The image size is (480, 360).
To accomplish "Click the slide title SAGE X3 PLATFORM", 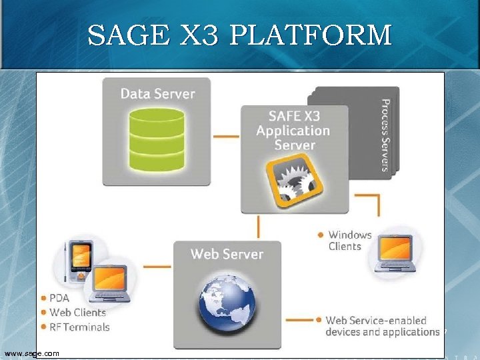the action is click(x=239, y=35).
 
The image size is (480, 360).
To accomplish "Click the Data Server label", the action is click(x=157, y=93).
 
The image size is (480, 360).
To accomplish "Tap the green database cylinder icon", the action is click(x=157, y=139).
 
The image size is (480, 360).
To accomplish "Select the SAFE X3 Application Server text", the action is click(x=293, y=130).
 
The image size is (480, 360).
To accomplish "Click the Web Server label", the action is click(x=227, y=254).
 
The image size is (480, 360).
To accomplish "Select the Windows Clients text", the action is click(x=349, y=241).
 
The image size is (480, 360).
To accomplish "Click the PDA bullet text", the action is click(x=60, y=298).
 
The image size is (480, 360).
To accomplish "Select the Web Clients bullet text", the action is click(x=77, y=312).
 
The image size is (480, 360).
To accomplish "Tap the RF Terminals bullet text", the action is click(x=79, y=327).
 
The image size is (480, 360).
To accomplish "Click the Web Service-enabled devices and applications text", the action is click(x=382, y=326).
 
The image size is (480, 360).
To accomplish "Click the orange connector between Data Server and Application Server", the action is click(x=226, y=137).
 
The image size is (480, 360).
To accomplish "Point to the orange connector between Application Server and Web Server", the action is click(x=259, y=227).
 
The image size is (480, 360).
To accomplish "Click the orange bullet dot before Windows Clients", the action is click(x=321, y=235).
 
